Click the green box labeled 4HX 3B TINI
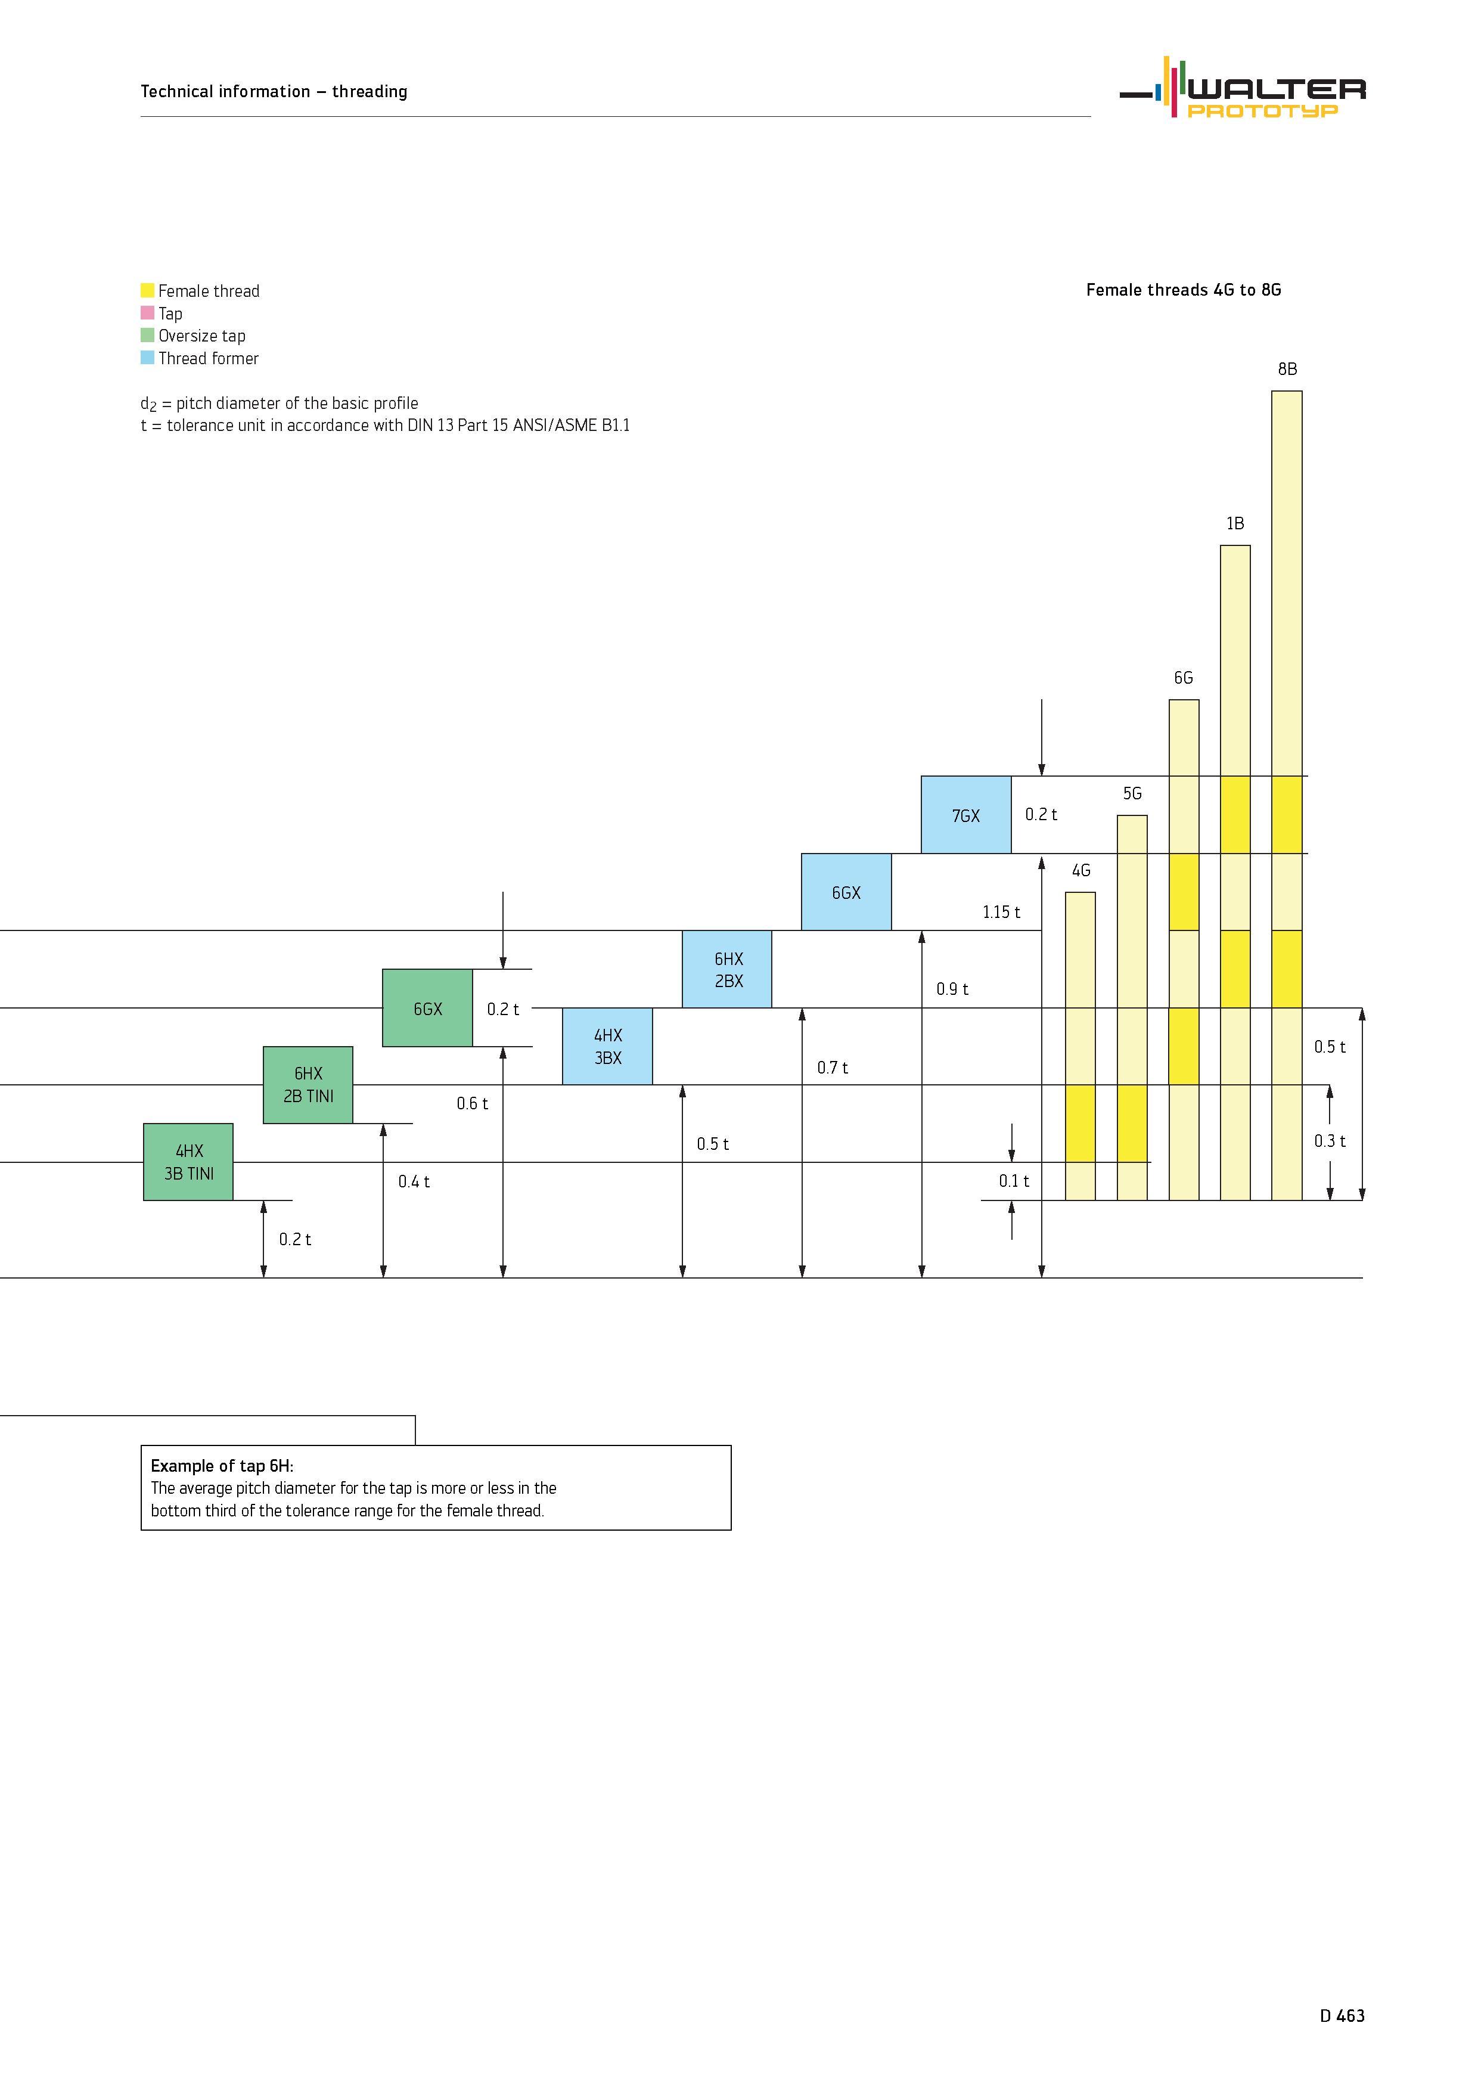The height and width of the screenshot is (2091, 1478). [x=188, y=1162]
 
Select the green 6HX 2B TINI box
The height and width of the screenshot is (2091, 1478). [x=308, y=1085]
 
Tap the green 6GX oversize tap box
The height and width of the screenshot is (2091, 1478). [x=427, y=1008]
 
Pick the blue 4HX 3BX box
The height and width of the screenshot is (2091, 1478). [x=607, y=1047]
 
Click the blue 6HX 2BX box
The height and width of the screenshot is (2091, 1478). [x=726, y=969]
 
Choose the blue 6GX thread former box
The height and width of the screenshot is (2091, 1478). [x=846, y=892]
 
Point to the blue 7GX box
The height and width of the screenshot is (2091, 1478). [x=966, y=815]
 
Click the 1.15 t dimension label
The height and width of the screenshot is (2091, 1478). [x=1001, y=911]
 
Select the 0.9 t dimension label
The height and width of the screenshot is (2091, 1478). [x=952, y=989]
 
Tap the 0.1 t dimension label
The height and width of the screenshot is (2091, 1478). [x=1014, y=1181]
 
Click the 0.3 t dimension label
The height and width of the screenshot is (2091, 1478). [x=1330, y=1141]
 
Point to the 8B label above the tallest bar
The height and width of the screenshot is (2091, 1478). [x=1287, y=369]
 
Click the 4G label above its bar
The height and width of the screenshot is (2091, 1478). [x=1081, y=871]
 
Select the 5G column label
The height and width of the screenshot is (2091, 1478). [x=1132, y=793]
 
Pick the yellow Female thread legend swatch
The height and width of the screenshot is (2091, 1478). [x=148, y=290]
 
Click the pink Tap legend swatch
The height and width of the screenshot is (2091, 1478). [x=148, y=312]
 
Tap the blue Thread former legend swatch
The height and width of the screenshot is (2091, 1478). [x=148, y=358]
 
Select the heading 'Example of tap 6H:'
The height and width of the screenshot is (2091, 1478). [x=222, y=1465]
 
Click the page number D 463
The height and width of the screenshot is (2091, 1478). [x=1342, y=2015]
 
